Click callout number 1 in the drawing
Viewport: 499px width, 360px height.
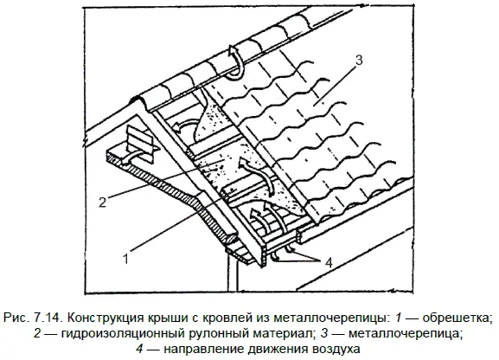click(x=126, y=259)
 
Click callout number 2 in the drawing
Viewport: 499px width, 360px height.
click(x=102, y=202)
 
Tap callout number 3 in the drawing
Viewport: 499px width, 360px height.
click(x=359, y=61)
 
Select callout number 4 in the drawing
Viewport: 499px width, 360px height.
click(x=329, y=263)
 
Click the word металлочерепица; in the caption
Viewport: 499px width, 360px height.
click(x=405, y=333)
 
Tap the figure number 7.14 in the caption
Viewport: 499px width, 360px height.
click(x=48, y=318)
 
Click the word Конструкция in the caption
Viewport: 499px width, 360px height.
click(x=106, y=318)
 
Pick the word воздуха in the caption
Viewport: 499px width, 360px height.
click(x=336, y=350)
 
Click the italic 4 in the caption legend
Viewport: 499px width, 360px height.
click(x=139, y=349)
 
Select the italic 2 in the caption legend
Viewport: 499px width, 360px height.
click(x=37, y=333)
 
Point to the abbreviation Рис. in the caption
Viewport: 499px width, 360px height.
click(x=16, y=318)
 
